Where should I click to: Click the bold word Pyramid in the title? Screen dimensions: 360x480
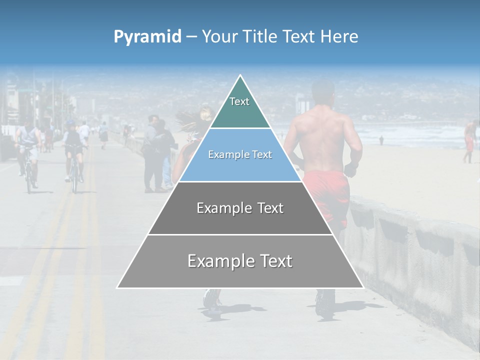147,36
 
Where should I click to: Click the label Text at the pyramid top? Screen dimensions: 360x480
239,101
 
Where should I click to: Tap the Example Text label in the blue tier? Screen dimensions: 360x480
240,154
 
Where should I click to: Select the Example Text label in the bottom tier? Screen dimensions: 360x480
240,261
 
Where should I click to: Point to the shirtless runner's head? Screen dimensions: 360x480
322,92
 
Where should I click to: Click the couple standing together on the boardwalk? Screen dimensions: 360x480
157,152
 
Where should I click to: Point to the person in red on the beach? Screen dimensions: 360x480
469,140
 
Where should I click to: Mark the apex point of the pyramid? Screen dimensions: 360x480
240,75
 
